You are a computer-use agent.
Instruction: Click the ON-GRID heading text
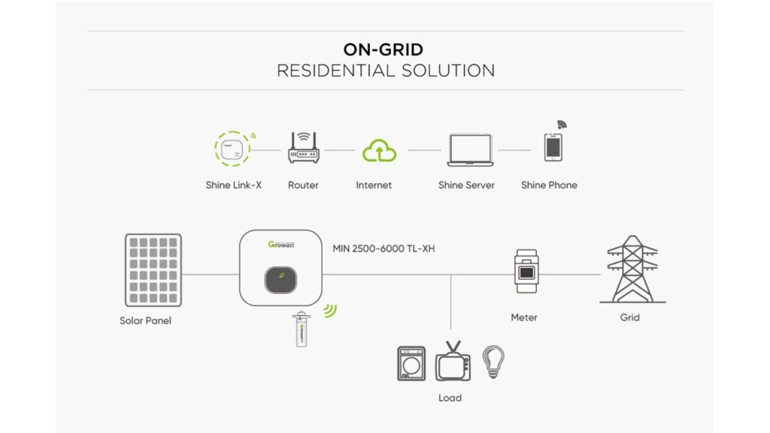(x=383, y=50)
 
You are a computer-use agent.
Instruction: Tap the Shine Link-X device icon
(x=232, y=149)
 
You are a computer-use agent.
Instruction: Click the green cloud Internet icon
(x=379, y=150)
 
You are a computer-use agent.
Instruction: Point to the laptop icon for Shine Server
(x=469, y=150)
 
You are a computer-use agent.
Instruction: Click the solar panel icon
(x=153, y=270)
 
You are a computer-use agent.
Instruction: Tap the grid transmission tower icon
(x=631, y=268)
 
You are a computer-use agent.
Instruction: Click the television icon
(x=453, y=362)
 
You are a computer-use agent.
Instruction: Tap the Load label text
(x=450, y=398)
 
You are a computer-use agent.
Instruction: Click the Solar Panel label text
(x=145, y=321)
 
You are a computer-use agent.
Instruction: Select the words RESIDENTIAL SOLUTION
(x=385, y=71)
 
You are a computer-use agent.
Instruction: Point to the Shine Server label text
(x=466, y=185)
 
